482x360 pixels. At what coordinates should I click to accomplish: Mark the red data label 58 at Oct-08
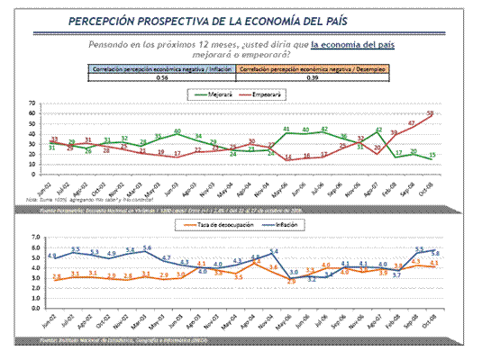click(431, 112)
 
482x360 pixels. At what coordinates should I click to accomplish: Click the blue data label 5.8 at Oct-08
click(434, 253)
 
